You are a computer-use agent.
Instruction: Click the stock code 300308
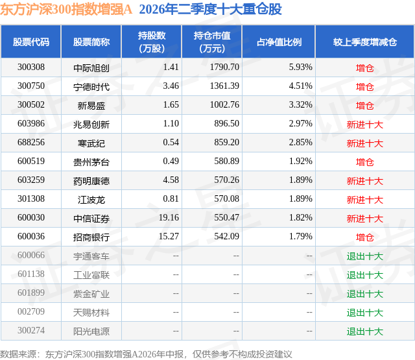pyautogui.click(x=31, y=67)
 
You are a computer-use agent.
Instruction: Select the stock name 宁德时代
pyautogui.click(x=91, y=87)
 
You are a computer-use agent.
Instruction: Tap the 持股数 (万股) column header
pyautogui.click(x=152, y=42)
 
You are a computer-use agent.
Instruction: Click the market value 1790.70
pyautogui.click(x=224, y=67)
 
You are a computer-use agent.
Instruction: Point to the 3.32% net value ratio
pyautogui.click(x=301, y=105)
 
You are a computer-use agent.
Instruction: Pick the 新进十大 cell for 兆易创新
pyautogui.click(x=365, y=125)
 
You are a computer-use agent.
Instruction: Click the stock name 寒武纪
pyautogui.click(x=91, y=143)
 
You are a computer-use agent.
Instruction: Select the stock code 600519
pyautogui.click(x=31, y=162)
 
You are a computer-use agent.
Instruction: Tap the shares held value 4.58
pyautogui.click(x=171, y=180)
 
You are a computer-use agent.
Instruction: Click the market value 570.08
pyautogui.click(x=226, y=198)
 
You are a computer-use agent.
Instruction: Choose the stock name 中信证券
pyautogui.click(x=91, y=219)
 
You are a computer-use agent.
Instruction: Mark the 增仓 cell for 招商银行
pyautogui.click(x=365, y=237)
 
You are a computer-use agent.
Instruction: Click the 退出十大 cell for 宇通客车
pyautogui.click(x=365, y=256)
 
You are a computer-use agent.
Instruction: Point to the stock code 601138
pyautogui.click(x=31, y=274)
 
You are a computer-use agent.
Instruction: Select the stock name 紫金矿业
pyautogui.click(x=91, y=294)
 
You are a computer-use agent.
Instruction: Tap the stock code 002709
pyautogui.click(x=31, y=311)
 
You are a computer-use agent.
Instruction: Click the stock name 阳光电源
pyautogui.click(x=91, y=331)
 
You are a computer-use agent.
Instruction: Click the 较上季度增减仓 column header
pyautogui.click(x=365, y=42)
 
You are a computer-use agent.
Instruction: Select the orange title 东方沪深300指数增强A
pyautogui.click(x=66, y=10)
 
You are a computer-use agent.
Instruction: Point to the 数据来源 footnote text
pyautogui.click(x=146, y=354)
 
